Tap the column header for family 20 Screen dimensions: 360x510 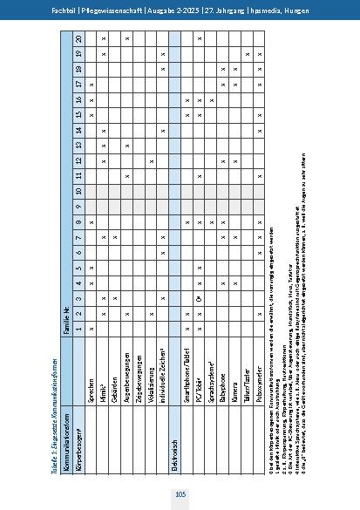pyautogui.click(x=79, y=40)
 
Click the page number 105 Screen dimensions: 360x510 pyautogui.click(x=180, y=494)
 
